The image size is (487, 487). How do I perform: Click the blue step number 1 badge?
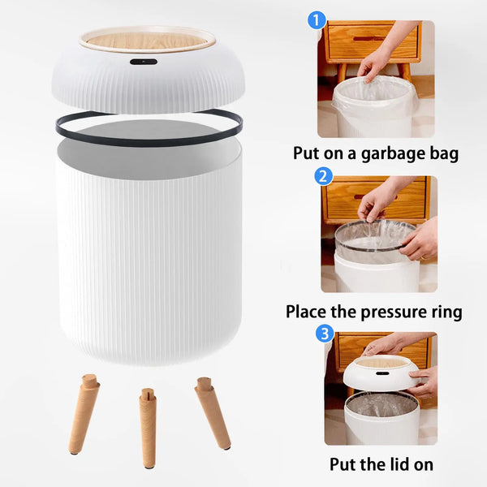point(317,20)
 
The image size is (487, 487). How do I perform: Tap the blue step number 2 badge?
point(323,176)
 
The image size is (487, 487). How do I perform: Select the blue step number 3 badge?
point(324,333)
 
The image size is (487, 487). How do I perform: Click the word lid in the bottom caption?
point(397,465)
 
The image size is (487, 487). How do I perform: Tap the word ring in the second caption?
point(443,312)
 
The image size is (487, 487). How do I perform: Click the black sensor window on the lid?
point(144,62)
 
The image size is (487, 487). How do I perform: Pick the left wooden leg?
point(84,413)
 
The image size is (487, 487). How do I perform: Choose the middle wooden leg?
point(148,426)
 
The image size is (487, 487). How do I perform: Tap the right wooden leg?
point(212,412)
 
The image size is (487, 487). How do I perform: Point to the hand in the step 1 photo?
point(381,57)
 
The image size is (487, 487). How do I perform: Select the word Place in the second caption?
point(309,312)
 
